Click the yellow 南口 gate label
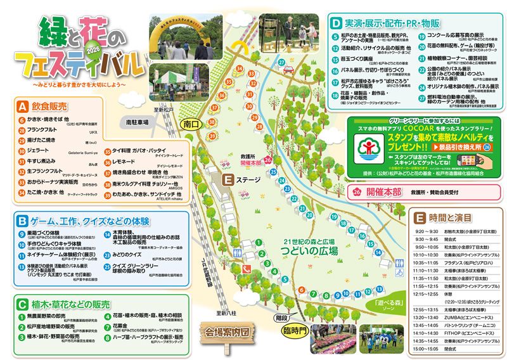(190, 124)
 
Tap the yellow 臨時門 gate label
(293, 330)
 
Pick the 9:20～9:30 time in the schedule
(426, 231)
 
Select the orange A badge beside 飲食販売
(23, 106)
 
